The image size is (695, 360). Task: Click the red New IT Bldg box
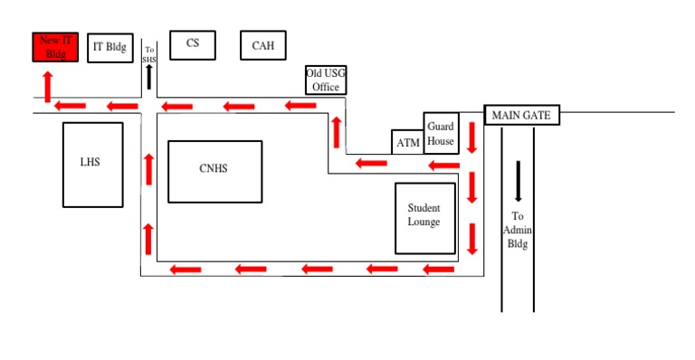pos(55,47)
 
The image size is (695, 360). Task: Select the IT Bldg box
pos(110,48)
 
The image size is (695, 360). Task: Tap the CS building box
pos(193,45)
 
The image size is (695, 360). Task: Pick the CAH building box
pos(263,45)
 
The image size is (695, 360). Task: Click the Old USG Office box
pos(326,81)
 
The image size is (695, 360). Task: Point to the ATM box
pos(408,142)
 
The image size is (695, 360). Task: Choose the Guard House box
pos(441,133)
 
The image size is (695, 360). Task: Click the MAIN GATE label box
pos(521,115)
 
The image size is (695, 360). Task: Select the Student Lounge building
pos(425,219)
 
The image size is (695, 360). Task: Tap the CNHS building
pos(215,172)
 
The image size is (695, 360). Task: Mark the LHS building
pos(92,165)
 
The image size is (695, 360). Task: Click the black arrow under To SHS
pos(149,77)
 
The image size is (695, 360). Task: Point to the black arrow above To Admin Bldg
pos(518,182)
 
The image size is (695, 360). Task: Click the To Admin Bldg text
pos(518,230)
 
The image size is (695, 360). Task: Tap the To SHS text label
pos(149,54)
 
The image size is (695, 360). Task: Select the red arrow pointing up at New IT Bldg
pos(48,87)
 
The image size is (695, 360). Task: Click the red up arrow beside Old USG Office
pos(337,132)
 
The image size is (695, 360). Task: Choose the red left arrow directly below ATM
pos(371,164)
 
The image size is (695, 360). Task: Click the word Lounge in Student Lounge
pos(424,222)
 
